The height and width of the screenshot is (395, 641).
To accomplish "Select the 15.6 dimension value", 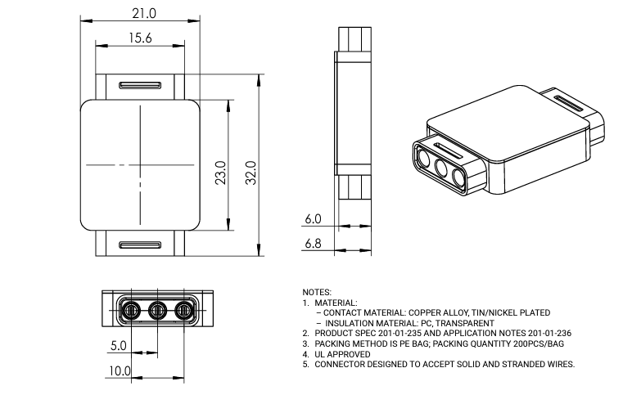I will coord(138,38).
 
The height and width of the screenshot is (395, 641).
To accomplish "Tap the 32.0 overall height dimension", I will coord(251,173).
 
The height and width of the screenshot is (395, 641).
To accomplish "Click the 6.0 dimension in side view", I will coord(312,219).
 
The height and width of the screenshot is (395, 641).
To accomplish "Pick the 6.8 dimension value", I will coord(312,243).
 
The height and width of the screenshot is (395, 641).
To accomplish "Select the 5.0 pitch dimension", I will coord(118,346).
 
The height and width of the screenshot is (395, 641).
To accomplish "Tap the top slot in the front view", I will coord(140,85).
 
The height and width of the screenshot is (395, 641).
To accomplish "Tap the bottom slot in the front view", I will coord(140,245).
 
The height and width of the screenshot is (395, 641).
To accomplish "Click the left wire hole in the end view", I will coord(129,310).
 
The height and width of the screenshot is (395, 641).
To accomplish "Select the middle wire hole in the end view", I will coord(157,310).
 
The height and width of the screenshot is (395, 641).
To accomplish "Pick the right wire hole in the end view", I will coord(185,310).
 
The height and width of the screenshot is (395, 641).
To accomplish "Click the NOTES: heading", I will coord(317,292).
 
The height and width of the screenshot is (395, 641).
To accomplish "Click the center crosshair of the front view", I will coord(141,165).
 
